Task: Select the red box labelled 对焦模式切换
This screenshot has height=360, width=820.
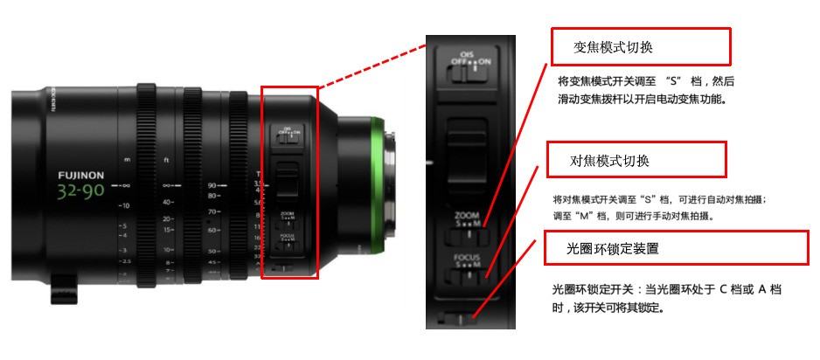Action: coord(636,161)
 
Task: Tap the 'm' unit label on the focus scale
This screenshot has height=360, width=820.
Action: coord(128,158)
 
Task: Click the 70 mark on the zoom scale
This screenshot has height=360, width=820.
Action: coord(212,212)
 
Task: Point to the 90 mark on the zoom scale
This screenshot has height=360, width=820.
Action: coord(212,184)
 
